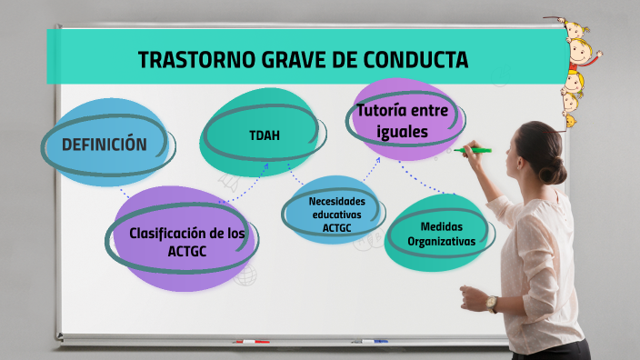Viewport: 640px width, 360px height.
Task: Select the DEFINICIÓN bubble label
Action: (104, 144)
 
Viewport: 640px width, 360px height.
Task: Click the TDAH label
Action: (265, 136)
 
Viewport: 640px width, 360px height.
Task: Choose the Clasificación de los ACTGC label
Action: (187, 241)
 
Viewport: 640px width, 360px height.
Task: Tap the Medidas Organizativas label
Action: (442, 234)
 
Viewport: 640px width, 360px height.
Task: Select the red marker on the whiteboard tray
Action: (249, 342)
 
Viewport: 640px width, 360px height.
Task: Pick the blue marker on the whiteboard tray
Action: (369, 342)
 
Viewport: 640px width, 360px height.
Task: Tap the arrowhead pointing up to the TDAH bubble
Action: (265, 166)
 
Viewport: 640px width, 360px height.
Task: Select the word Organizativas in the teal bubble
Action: (442, 242)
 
